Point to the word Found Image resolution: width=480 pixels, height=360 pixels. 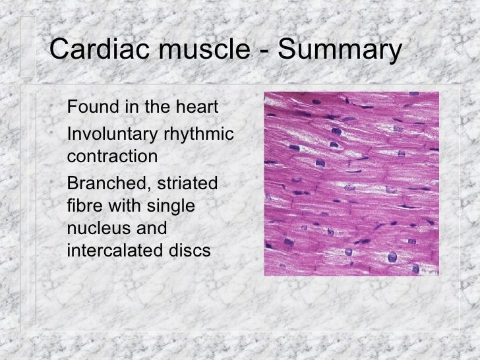[92, 107]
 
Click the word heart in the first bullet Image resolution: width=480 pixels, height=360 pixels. [197, 107]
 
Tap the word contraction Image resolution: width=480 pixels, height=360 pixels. [112, 158]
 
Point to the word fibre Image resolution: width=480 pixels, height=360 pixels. [84, 206]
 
